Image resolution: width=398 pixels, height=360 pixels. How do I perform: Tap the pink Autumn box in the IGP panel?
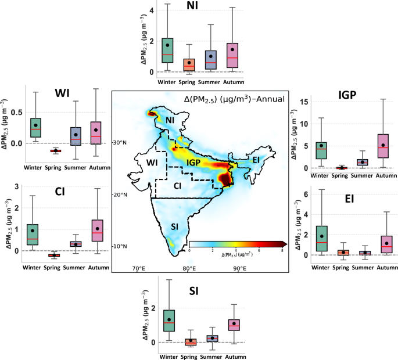(x=382, y=146)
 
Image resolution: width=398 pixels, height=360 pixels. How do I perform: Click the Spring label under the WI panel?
(x=56, y=169)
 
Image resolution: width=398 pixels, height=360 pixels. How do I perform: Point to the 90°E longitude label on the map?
(x=239, y=268)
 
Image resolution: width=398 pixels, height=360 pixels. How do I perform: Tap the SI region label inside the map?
(x=173, y=226)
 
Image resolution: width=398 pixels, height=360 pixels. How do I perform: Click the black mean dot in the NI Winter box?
(x=167, y=45)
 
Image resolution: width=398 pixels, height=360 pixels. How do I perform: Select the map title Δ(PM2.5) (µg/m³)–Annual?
(x=234, y=99)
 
